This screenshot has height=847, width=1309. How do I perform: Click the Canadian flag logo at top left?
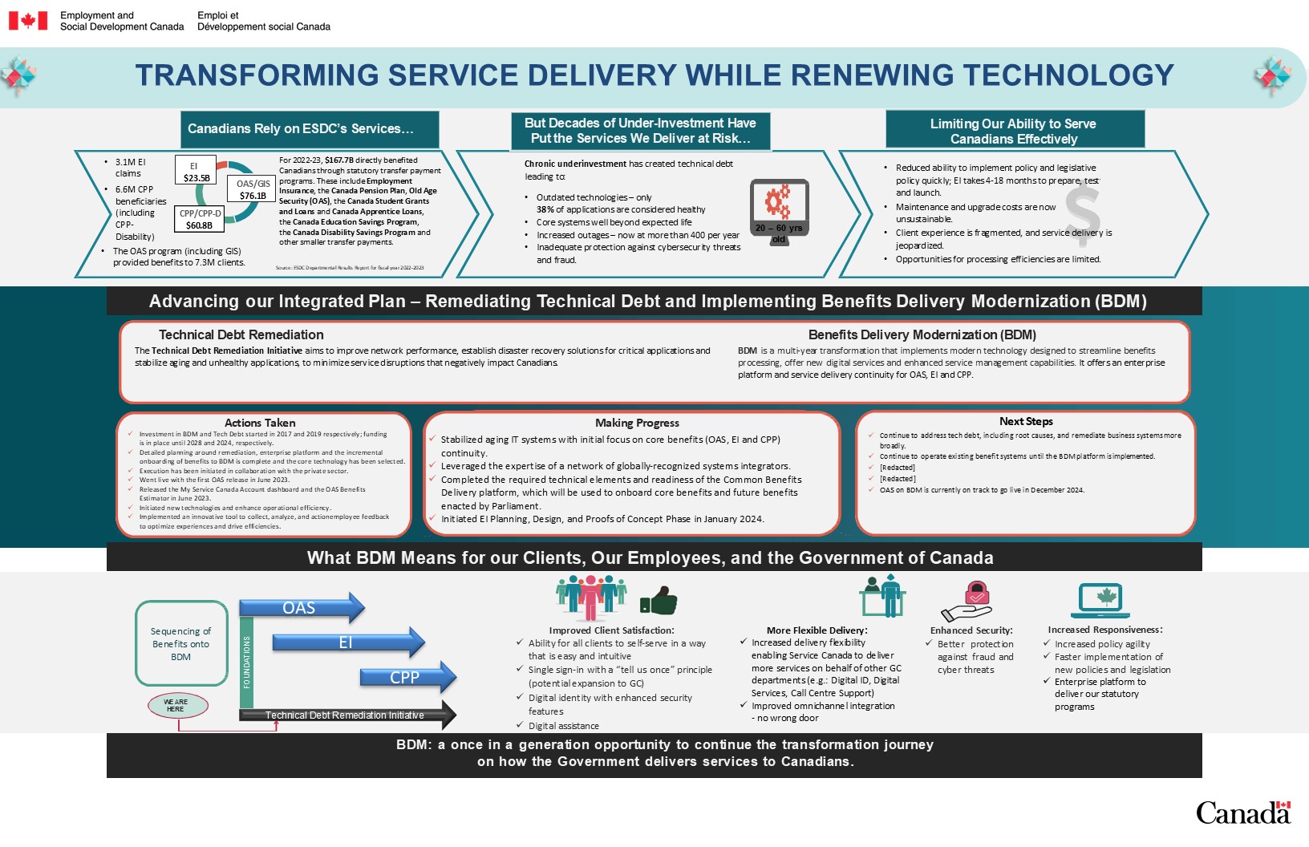pyautogui.click(x=28, y=21)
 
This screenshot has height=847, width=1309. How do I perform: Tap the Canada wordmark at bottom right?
pyautogui.click(x=1243, y=813)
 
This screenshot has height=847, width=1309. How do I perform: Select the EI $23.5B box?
pyautogui.click(x=196, y=172)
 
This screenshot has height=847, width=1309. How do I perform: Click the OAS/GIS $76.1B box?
pyautogui.click(x=253, y=189)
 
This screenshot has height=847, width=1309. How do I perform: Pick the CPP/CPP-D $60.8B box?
pyautogui.click(x=200, y=219)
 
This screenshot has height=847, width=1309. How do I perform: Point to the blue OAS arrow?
pyautogui.click(x=302, y=608)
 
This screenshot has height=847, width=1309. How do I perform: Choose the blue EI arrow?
pyautogui.click(x=347, y=642)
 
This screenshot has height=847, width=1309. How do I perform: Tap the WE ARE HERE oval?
pyautogui.click(x=177, y=706)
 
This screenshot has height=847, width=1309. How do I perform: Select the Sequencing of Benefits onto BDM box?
pyautogui.click(x=181, y=643)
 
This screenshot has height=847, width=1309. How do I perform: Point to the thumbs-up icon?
pyautogui.click(x=659, y=601)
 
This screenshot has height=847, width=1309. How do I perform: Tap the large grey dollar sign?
pyautogui.click(x=1082, y=214)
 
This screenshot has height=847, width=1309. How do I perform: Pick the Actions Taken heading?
pyautogui.click(x=260, y=423)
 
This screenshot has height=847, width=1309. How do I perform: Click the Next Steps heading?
pyautogui.click(x=1026, y=421)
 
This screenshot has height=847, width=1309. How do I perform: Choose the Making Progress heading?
pyautogui.click(x=637, y=423)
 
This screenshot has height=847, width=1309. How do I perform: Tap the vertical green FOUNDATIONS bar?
pyautogui.click(x=247, y=663)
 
